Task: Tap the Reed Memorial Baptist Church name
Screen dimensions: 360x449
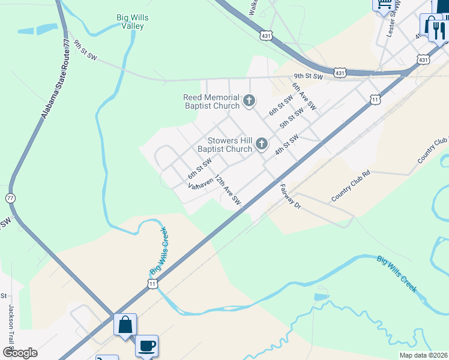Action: point(211,101)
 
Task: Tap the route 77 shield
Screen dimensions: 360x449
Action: point(10,198)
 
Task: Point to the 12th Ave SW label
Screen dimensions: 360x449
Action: point(228,191)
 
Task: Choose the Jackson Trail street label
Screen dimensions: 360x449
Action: point(11,324)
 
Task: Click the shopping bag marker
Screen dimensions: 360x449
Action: point(125,325)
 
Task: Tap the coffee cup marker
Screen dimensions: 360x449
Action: point(147,346)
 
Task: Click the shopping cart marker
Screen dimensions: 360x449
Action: point(383,4)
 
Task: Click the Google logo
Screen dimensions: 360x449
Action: point(20,352)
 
